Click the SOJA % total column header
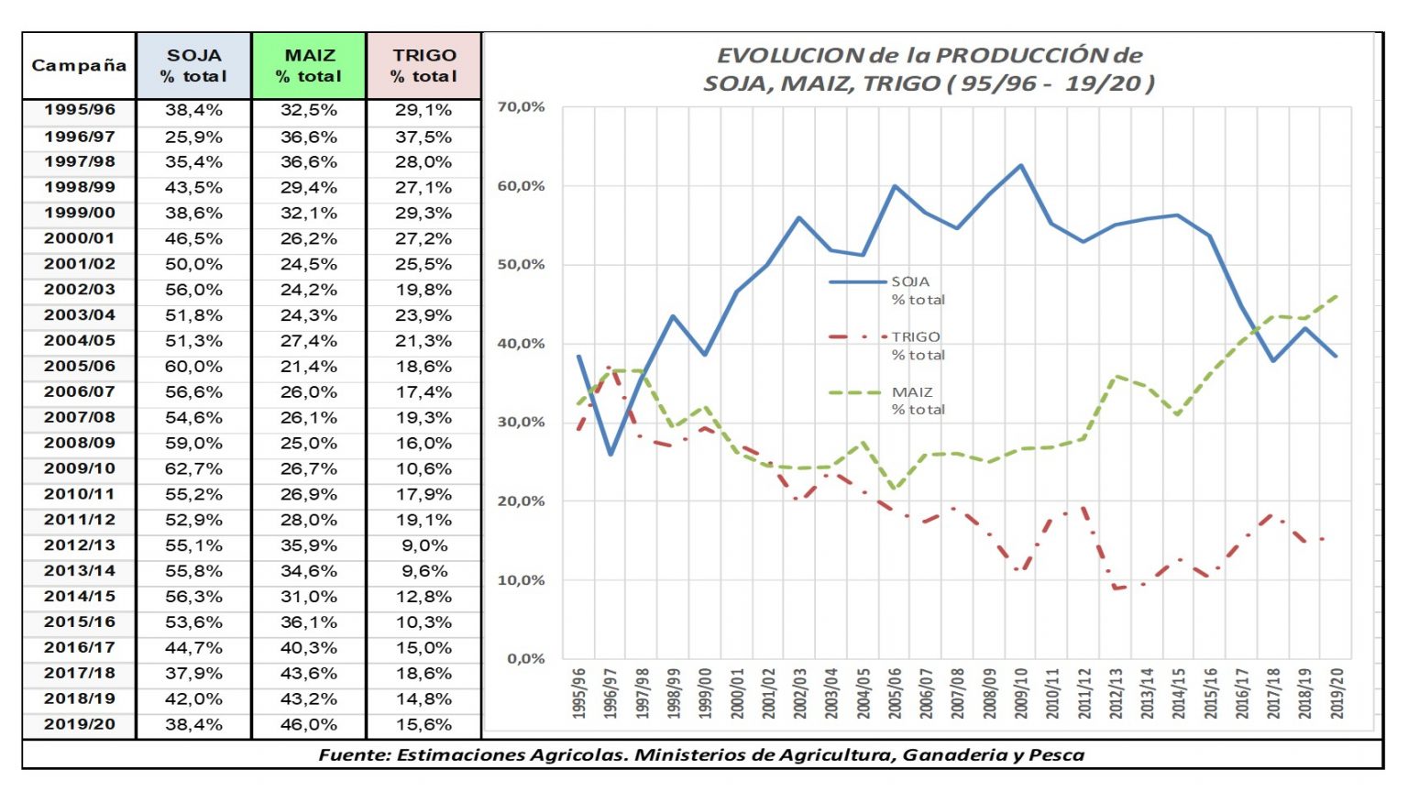193,66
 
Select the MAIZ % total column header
309,66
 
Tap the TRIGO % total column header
423,66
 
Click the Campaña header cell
79,65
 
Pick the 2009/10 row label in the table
80,468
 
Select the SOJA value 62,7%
193,468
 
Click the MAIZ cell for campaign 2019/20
309,724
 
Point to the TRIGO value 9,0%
423,545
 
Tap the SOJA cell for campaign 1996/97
193,137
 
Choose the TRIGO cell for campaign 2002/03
423,290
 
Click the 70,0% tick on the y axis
521,107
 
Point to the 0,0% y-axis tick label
525,658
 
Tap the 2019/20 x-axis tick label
1336,693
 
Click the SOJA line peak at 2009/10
1020,166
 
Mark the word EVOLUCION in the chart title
790,55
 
